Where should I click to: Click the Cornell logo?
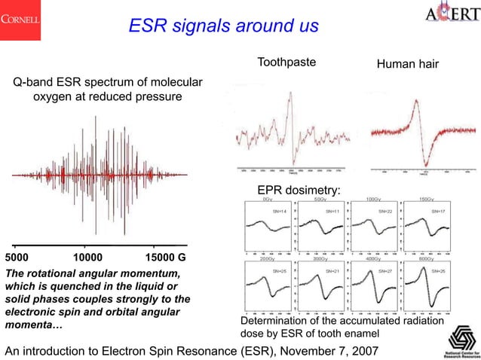[x=22, y=17]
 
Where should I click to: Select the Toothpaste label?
[x=286, y=62]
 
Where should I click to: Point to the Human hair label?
[x=407, y=68]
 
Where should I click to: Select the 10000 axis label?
[x=89, y=257]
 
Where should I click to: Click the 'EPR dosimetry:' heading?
[x=299, y=191]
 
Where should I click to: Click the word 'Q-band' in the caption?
[x=32, y=82]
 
